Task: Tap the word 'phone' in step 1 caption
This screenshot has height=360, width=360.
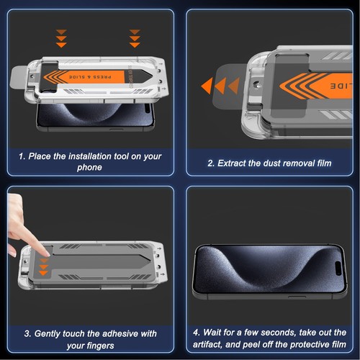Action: pos(89,167)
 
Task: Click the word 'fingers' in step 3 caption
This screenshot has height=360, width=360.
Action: pos(100,346)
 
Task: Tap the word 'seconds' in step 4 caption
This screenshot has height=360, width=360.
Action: pos(278,333)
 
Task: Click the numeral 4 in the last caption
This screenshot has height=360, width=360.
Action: pos(196,333)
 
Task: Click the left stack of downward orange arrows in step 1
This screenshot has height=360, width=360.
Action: pos(61,38)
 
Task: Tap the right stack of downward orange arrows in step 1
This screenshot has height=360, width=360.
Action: pos(135,38)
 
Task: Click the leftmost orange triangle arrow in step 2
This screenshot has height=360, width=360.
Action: pos(207,86)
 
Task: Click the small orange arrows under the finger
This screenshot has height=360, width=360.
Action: pos(43,267)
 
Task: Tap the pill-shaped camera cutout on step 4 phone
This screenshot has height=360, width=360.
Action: pos(338,269)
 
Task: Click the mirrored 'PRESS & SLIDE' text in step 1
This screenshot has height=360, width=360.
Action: pos(90,77)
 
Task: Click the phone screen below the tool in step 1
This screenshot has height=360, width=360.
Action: pos(95,115)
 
